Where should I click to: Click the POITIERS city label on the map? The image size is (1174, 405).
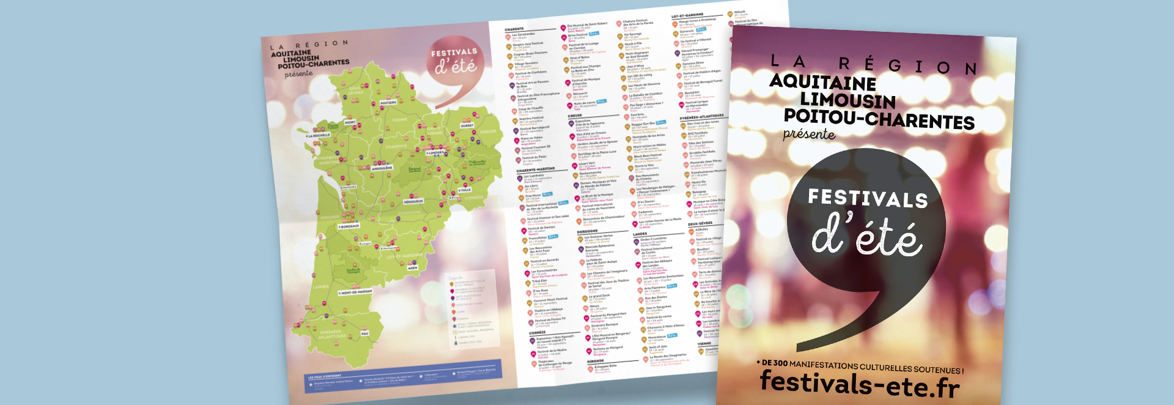(388, 103)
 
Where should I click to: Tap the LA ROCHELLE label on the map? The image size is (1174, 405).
(319, 135)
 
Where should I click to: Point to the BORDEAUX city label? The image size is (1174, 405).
(350, 226)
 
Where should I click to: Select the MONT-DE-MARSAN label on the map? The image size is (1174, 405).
(356, 292)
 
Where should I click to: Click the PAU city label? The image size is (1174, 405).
(365, 333)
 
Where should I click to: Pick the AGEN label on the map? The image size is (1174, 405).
(413, 268)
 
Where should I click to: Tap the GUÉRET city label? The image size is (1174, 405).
(467, 125)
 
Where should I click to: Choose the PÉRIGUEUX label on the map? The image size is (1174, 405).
(413, 201)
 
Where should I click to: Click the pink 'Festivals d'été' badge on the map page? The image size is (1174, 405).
(454, 61)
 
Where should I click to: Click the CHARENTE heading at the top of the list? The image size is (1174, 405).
(514, 29)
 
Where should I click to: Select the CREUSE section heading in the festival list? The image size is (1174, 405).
(575, 116)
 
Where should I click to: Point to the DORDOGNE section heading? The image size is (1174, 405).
(588, 232)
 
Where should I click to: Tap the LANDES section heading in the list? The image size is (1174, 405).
(640, 234)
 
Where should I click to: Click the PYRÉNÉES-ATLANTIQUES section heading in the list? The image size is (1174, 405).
(701, 116)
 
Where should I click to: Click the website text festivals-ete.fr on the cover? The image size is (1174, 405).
(860, 383)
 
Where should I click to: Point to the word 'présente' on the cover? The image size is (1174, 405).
(809, 134)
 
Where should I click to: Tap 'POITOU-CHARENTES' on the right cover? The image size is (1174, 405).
(879, 119)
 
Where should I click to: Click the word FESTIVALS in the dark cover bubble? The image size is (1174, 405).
(868, 198)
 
